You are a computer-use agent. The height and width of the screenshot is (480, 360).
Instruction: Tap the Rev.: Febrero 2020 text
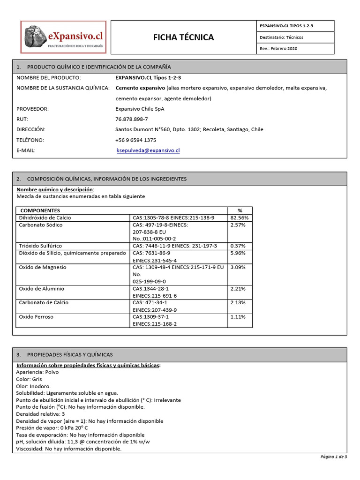(278, 49)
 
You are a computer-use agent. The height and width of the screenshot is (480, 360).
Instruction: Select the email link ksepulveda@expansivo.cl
(148, 150)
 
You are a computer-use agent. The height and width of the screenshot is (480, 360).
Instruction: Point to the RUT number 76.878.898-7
(131, 119)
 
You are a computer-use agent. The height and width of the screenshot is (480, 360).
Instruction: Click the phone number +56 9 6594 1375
(135, 140)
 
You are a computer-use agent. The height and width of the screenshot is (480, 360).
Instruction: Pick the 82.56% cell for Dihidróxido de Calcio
(239, 218)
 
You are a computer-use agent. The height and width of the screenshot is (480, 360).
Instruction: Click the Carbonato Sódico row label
(40, 225)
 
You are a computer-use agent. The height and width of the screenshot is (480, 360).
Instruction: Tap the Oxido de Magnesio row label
(43, 267)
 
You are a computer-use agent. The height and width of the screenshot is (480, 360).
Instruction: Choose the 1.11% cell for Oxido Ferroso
(238, 317)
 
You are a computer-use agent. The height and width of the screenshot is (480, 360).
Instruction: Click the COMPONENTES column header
(40, 210)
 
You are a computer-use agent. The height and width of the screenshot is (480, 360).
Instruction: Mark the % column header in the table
(240, 210)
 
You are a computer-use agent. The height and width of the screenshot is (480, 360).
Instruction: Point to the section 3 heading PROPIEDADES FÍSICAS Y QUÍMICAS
(70, 354)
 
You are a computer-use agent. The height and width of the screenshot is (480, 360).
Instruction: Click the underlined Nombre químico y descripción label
(55, 189)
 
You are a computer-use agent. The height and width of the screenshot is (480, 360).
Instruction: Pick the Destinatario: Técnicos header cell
(281, 37)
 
